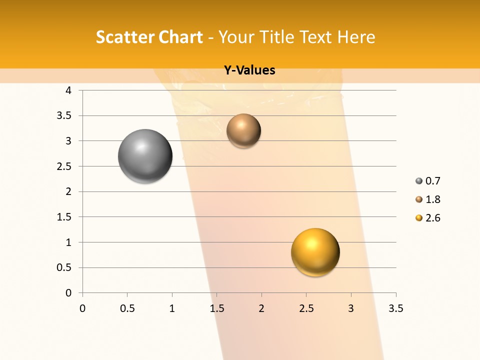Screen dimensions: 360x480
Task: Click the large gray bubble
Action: (x=145, y=156)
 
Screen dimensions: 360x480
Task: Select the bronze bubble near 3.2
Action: (x=243, y=130)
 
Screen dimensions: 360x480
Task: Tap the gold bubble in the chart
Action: (x=315, y=252)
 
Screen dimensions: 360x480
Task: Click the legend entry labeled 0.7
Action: (x=428, y=181)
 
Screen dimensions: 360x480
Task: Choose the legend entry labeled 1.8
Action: (x=428, y=199)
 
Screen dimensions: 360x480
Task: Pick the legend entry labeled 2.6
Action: (x=428, y=218)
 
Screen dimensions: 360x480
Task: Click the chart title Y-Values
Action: (x=249, y=70)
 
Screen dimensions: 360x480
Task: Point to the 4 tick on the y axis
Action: (x=68, y=90)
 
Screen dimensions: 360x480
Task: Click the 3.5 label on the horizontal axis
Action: (x=395, y=308)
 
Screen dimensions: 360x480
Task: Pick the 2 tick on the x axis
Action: (x=261, y=308)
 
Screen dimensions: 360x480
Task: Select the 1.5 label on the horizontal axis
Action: (x=216, y=308)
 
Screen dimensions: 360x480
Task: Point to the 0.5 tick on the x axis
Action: (x=127, y=308)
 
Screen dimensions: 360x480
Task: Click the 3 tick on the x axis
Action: (x=351, y=308)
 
